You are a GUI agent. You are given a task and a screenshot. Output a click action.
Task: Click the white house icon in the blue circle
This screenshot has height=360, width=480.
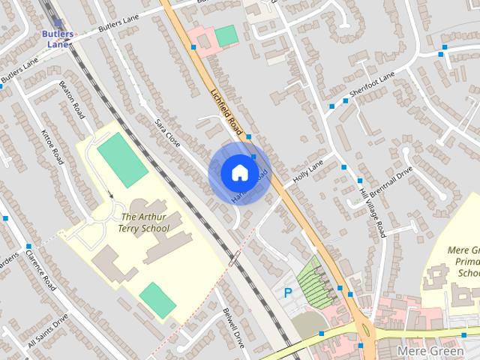238,173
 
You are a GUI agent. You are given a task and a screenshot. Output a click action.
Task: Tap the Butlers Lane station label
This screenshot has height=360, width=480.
58,39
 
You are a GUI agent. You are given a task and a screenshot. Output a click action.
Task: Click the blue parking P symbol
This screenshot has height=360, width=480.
287,293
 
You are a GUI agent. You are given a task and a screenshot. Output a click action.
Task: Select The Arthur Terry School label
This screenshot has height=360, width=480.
145,223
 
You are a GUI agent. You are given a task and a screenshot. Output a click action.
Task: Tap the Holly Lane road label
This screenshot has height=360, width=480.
308,175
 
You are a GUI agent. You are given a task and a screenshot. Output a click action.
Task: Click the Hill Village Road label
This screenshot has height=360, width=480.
373,212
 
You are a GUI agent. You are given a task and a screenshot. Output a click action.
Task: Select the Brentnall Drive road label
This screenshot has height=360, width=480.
394,182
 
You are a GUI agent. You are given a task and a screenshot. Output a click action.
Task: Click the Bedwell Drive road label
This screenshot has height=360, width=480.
233,328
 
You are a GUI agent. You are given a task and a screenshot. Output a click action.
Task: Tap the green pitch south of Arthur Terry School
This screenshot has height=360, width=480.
158,300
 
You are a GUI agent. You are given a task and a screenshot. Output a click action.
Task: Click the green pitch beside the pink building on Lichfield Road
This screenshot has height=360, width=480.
226,35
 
